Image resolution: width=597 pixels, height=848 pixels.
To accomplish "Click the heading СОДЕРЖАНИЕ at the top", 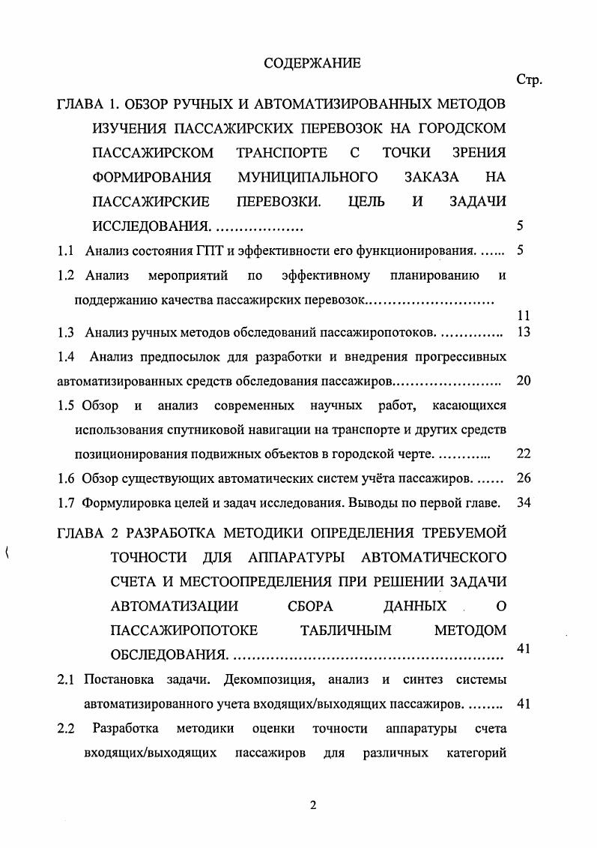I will point(312,63).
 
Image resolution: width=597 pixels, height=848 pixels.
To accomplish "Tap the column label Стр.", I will point(529,79).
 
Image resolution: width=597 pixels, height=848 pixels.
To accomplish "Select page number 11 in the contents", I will point(524,316).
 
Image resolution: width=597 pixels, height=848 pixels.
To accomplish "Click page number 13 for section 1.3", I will point(524,331).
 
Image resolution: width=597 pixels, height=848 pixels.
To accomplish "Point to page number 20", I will point(524,380).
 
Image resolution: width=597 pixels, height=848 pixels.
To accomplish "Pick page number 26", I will point(524,478).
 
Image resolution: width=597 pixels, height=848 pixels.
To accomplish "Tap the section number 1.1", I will point(66,250).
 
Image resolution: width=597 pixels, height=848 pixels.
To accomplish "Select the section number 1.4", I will point(66,355).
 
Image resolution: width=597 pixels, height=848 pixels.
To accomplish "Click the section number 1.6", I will point(66,478).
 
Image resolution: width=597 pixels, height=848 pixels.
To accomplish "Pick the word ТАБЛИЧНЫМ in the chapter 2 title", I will point(346,630).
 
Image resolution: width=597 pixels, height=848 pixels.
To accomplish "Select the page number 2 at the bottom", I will point(314,805).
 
